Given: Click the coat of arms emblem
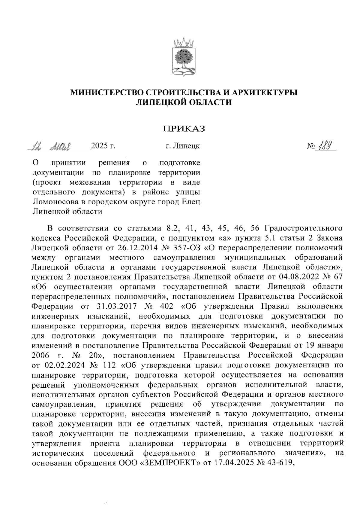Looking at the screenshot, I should point(184,57).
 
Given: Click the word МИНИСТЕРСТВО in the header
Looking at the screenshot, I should point(104,92).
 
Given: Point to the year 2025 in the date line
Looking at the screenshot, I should point(99,147).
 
